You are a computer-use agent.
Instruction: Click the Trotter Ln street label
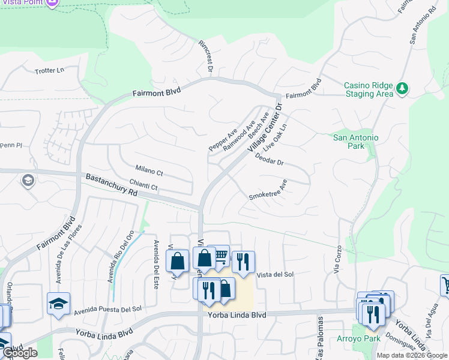coord(49,71)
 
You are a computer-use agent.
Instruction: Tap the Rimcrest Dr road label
coord(205,56)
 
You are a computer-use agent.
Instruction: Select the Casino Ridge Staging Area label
coord(369,89)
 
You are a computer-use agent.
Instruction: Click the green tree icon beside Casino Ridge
coord(402,89)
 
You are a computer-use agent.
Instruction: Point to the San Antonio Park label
coord(356,142)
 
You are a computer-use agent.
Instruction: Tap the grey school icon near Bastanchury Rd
coord(27,180)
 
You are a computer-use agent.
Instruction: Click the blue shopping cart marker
coord(220,257)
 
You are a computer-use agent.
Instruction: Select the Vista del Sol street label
coord(275,274)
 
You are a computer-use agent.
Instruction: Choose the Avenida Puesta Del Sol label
coord(108,310)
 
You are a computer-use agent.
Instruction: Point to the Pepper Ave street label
coord(223,139)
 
